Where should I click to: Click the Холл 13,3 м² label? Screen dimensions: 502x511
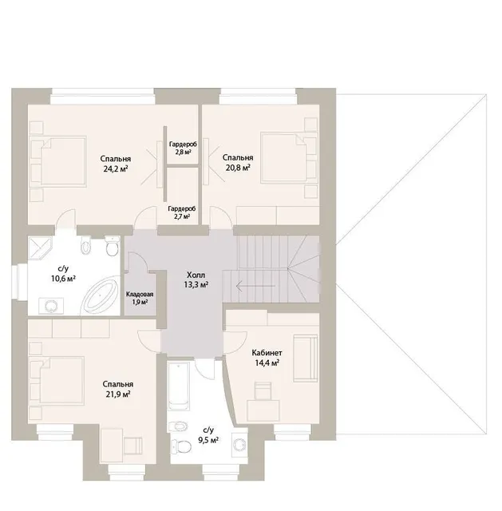point(196,279)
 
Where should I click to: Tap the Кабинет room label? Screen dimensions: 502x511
point(267,353)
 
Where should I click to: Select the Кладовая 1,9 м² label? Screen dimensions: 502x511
point(140,298)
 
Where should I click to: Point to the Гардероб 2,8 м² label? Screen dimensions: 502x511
point(183,148)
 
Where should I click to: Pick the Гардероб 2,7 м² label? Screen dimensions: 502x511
point(182,212)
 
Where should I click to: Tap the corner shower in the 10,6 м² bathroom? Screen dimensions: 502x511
point(40,248)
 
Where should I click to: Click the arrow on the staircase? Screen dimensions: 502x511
point(255,287)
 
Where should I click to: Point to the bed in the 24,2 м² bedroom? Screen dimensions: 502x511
point(57,161)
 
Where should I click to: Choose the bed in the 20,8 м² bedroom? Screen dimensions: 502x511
point(289,157)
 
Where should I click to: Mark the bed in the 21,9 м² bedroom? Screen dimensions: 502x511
point(57,381)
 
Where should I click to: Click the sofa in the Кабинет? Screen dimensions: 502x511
point(305,358)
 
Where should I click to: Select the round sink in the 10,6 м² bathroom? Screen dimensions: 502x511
point(51,307)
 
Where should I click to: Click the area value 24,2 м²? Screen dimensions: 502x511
point(115,168)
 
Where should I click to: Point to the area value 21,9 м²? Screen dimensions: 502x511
point(118,394)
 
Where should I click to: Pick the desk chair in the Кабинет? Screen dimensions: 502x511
point(263,390)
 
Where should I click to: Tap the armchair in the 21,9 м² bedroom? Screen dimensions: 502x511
point(133,446)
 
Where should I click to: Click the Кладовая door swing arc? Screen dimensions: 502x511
point(142,260)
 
